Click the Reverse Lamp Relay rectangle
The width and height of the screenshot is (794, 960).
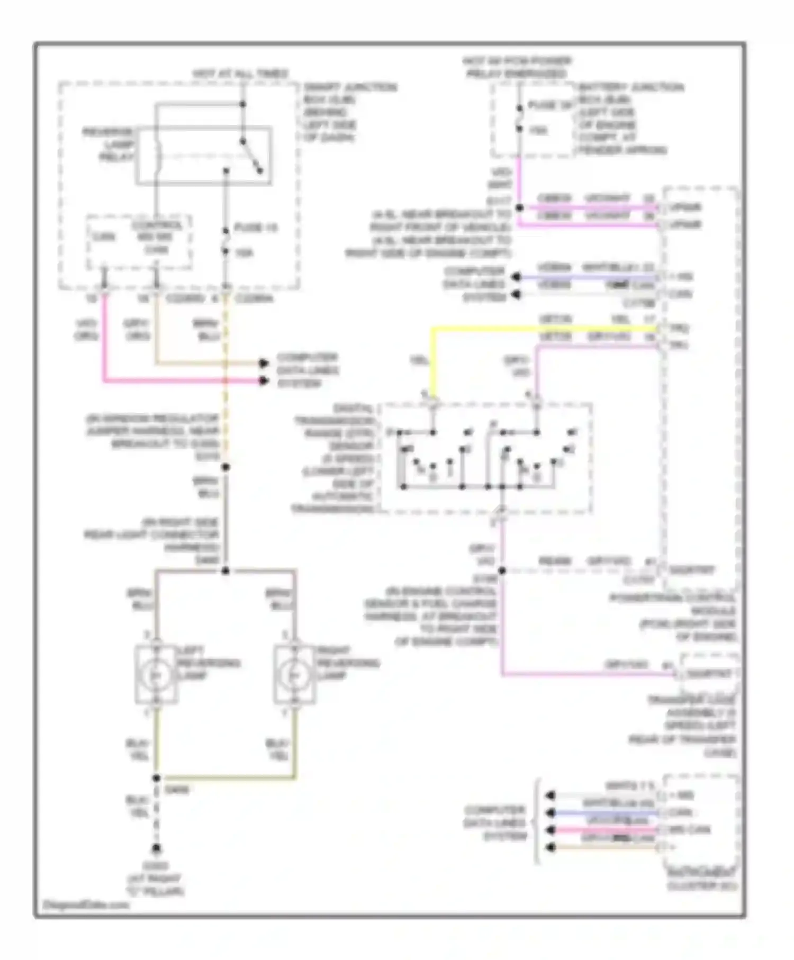(204, 156)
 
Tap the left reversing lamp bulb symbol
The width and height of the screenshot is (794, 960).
(156, 675)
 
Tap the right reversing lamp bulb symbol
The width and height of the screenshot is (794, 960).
(294, 675)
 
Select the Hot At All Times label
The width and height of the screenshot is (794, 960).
(240, 73)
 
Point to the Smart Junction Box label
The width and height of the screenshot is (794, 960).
(349, 112)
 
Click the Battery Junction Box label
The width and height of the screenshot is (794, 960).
(630, 119)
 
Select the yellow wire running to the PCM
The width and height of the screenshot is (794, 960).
(529, 329)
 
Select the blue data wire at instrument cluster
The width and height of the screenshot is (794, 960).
(603, 812)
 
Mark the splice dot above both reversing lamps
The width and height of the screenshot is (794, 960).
(225, 570)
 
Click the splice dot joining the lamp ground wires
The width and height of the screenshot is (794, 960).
(156, 778)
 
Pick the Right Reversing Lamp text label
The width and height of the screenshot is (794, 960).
(348, 663)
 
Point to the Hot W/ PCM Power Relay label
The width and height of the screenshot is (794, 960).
(517, 67)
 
